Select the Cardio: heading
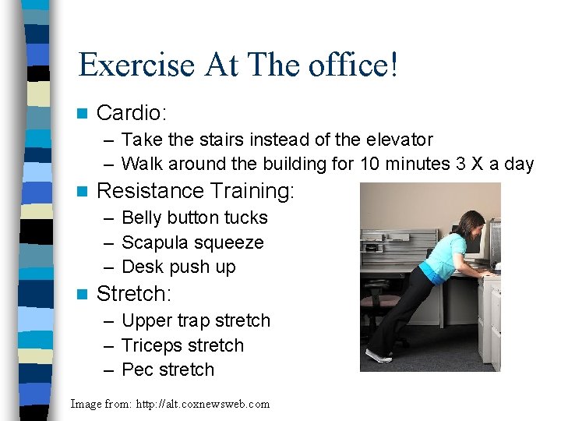tap(131, 113)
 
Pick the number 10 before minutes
tap(370, 164)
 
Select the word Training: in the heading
tap(245, 191)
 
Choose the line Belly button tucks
tap(194, 218)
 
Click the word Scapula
tap(156, 242)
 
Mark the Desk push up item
tap(178, 267)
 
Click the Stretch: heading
tap(132, 294)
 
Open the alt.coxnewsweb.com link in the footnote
tap(204, 404)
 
